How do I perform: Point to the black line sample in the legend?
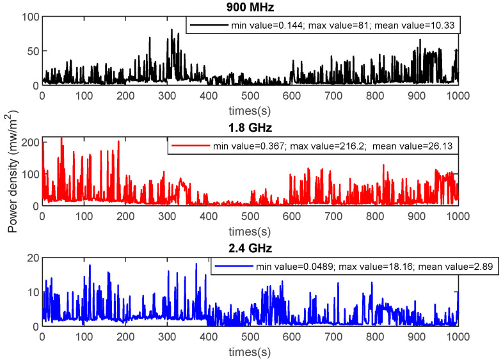[209, 26]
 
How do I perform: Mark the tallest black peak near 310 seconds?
[172, 29]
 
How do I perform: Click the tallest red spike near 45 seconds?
[61, 137]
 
